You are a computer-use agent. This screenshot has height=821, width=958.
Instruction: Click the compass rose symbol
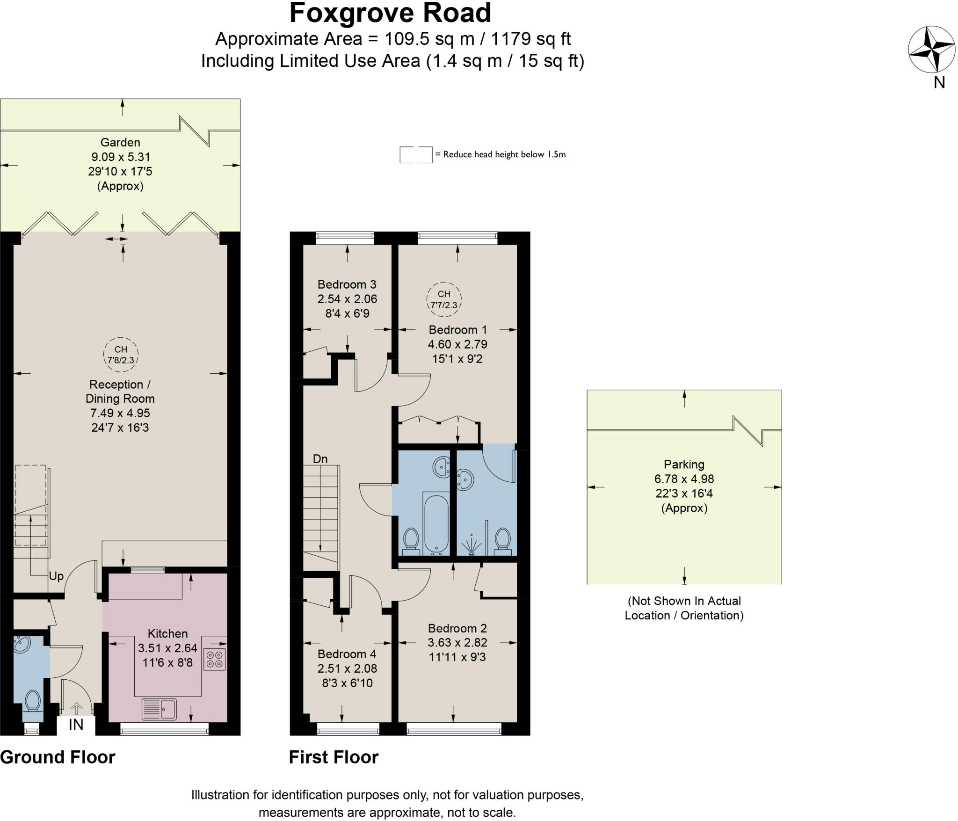point(932,50)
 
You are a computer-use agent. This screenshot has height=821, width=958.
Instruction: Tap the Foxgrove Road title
point(390,13)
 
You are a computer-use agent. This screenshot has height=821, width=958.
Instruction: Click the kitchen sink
point(159,709)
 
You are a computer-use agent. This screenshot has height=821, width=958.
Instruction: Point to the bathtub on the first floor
point(436,525)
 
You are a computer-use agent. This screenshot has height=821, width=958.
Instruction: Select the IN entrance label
point(76,725)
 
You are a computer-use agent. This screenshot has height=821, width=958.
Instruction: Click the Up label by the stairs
point(56,576)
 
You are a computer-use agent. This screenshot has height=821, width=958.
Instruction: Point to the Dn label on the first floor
point(320,459)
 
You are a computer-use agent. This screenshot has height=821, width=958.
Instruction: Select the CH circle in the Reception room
point(121,355)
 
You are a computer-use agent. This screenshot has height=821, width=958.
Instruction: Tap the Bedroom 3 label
point(347,284)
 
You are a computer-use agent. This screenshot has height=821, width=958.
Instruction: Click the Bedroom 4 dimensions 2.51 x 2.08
point(347,668)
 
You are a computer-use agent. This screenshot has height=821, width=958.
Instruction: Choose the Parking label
point(684,465)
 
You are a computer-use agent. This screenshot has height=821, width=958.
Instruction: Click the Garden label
point(120,142)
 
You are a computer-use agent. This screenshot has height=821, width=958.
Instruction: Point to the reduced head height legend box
point(416,155)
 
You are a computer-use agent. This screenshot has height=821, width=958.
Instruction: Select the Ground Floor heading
point(58,757)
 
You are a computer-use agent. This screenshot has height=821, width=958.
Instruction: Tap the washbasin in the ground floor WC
point(22,645)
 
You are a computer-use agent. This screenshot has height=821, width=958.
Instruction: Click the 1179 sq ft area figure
point(531,39)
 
